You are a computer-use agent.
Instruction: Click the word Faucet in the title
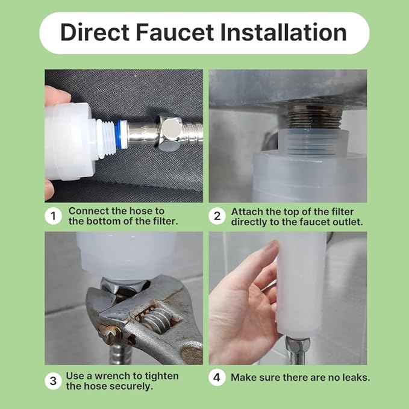(x=175, y=33)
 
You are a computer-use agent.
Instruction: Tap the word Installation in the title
(x=283, y=33)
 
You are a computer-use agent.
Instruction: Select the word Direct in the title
(x=95, y=33)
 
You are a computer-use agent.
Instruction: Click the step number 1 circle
(x=53, y=216)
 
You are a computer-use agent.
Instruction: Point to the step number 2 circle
(x=217, y=216)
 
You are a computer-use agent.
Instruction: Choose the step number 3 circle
(x=53, y=381)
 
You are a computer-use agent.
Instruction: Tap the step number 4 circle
(x=217, y=377)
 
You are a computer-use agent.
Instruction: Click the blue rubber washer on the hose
(x=120, y=134)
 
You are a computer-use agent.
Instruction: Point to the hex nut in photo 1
(x=169, y=133)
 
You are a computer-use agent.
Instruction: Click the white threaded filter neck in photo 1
(x=105, y=139)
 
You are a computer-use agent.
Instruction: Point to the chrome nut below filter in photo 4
(x=298, y=346)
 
